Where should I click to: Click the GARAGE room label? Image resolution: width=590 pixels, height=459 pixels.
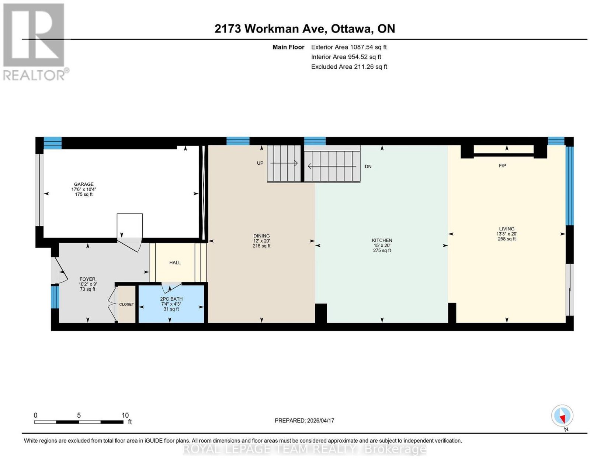coord(84,184)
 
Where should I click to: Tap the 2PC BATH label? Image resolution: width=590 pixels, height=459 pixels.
coord(171,299)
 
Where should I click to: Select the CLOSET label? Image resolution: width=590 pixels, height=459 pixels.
coord(126,304)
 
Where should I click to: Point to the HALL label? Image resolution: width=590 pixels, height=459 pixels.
coord(175,263)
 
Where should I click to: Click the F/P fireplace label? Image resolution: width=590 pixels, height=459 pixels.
coord(503,165)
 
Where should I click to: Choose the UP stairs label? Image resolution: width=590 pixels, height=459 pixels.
coord(260,163)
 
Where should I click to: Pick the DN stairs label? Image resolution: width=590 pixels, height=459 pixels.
coord(368,167)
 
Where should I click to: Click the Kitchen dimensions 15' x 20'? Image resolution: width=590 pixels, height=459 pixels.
coord(382,246)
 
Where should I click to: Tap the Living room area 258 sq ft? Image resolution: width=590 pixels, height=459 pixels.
coord(507,239)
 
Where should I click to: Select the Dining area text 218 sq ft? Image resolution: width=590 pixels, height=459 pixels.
coord(261,246)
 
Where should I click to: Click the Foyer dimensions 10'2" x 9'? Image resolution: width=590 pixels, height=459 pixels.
coord(87,284)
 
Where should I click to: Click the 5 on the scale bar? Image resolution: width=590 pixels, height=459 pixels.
coord(79,415)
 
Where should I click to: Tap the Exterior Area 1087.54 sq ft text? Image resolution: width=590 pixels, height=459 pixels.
coord(349,47)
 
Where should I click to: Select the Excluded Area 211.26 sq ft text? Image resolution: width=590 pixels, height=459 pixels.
coord(349,66)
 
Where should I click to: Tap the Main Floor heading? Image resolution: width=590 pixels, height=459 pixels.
coord(288,47)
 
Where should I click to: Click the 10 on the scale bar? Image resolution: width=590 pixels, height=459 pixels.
coord(125,415)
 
